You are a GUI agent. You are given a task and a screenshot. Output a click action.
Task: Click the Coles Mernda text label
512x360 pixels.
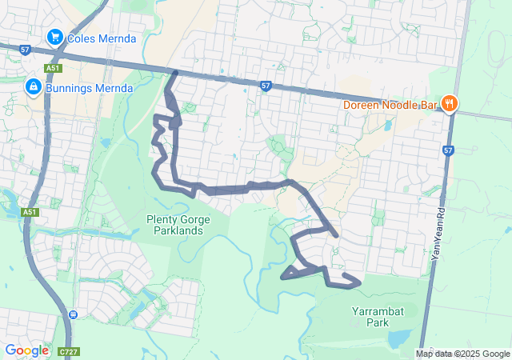102,38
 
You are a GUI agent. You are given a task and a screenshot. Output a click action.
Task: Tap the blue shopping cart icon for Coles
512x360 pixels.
54,36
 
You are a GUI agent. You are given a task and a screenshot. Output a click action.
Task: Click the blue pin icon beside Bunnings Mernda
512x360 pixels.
34,86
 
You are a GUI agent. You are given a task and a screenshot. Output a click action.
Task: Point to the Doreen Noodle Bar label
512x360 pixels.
389,104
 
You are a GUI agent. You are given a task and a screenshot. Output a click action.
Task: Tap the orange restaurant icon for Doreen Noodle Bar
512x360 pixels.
450,102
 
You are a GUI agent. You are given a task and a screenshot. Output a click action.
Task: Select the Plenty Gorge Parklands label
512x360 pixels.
174,225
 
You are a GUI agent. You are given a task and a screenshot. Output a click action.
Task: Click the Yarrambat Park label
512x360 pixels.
370,317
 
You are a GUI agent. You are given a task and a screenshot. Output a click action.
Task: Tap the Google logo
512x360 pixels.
26,350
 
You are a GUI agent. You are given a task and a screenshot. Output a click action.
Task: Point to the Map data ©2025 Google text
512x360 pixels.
462,354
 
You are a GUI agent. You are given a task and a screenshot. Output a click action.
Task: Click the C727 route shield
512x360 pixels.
68,351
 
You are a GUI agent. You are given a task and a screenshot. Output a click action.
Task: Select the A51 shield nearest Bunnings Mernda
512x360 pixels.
53,69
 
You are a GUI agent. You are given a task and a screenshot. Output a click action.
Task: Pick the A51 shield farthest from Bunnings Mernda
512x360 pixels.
30,212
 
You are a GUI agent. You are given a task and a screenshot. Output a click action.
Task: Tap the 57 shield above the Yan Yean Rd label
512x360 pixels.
447,150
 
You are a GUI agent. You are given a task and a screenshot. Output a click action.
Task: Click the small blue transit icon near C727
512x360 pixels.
73,314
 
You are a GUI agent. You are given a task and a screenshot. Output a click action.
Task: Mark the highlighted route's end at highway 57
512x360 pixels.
176,74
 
